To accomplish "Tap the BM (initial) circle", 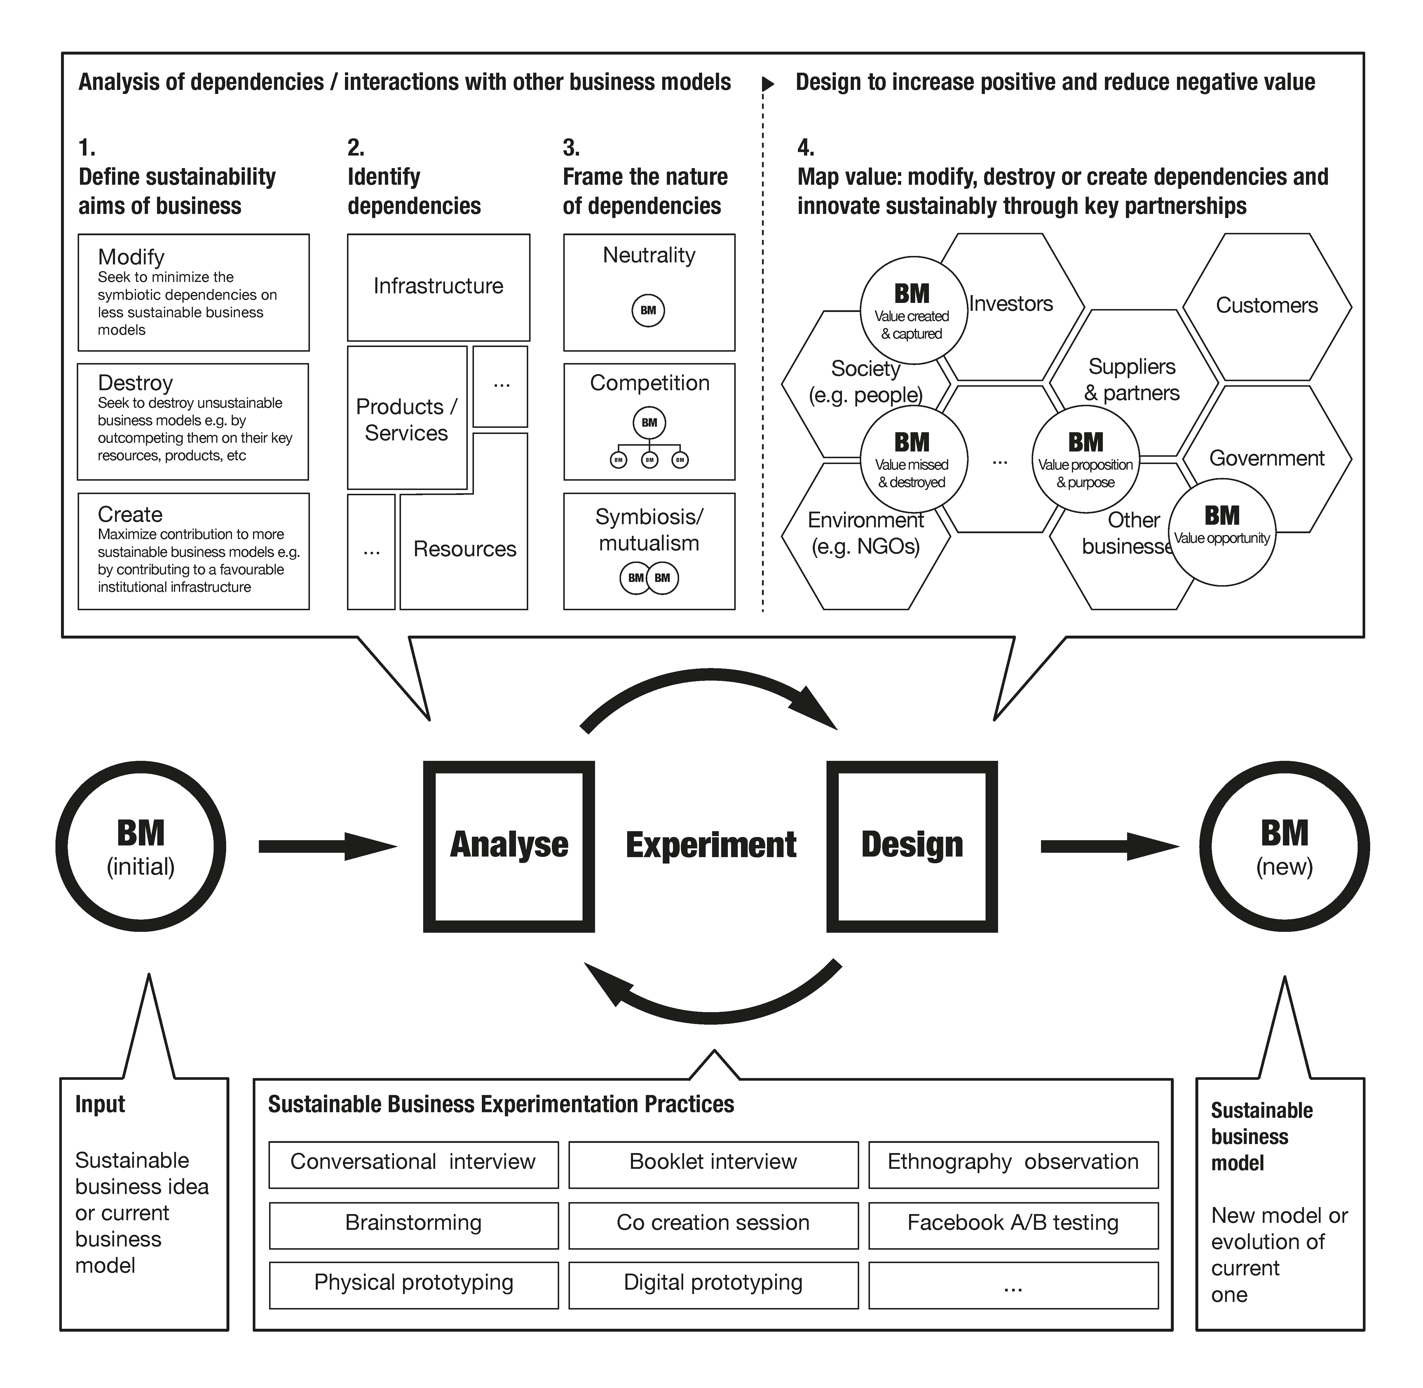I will pyautogui.click(x=141, y=846).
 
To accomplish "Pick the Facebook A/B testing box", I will pyautogui.click(x=1013, y=1223).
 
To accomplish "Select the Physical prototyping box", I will pyautogui.click(x=413, y=1282).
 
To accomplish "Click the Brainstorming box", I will pyautogui.click(x=413, y=1223).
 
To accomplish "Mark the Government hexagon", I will pyautogui.click(x=1266, y=458).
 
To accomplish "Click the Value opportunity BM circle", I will pyautogui.click(x=1222, y=532).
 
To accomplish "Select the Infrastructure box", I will pyautogui.click(x=438, y=287).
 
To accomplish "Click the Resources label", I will pyautogui.click(x=464, y=549).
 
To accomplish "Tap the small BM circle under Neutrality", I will pyautogui.click(x=648, y=311).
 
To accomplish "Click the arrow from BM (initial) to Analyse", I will pyautogui.click(x=327, y=846).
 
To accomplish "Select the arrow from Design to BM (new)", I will pyautogui.click(x=1108, y=846).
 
